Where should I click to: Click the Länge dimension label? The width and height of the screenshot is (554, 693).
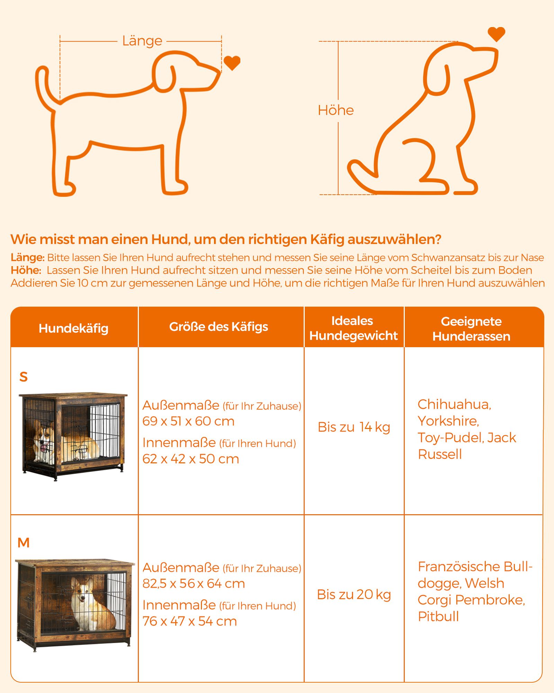[x=142, y=41]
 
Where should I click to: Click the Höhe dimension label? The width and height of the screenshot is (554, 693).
[x=336, y=110]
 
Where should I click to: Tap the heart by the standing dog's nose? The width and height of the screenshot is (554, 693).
[x=232, y=63]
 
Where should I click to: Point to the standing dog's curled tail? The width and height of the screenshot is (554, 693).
[x=43, y=87]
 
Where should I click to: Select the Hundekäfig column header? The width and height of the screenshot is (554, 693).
[x=73, y=328]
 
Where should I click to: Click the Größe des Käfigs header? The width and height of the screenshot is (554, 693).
[x=218, y=327]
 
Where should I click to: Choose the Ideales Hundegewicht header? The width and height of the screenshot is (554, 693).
[x=354, y=328]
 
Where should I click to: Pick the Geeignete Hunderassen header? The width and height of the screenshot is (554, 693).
[x=471, y=329]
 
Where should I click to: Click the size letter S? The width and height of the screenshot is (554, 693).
[x=24, y=377]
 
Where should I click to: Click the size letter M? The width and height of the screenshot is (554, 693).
[x=24, y=543]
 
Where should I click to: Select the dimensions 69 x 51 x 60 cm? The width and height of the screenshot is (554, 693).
[x=188, y=421]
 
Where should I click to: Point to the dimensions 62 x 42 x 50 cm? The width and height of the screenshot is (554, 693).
[x=191, y=459]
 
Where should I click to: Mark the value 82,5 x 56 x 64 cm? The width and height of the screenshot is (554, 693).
[x=194, y=584]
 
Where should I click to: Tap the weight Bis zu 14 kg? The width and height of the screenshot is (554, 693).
[x=354, y=427]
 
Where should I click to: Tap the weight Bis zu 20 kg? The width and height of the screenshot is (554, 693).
[x=354, y=595]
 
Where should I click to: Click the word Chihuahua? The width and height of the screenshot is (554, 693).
[x=454, y=405]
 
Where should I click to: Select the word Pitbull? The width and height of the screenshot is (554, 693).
[x=438, y=616]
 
